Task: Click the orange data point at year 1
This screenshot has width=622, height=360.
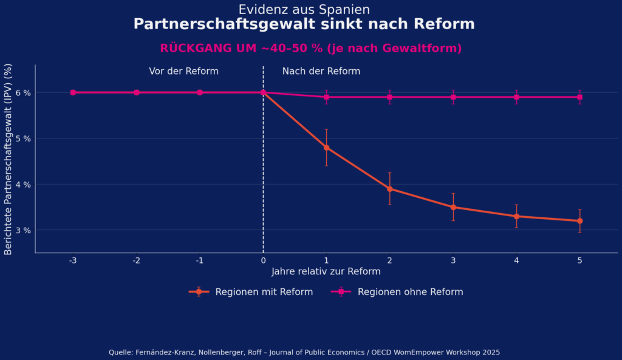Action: tap(326, 148)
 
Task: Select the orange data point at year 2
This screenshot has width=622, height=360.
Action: tap(390, 189)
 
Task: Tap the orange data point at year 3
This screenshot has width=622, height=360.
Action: tap(453, 207)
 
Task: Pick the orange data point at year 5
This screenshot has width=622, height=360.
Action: tap(579, 221)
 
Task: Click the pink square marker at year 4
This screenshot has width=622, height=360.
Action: tap(516, 97)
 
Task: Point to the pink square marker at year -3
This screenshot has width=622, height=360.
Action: tap(73, 92)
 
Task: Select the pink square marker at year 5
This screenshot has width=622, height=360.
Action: tap(579, 97)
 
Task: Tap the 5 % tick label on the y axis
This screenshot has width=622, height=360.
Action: tap(23, 138)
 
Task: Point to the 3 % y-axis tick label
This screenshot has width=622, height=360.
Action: tap(23, 230)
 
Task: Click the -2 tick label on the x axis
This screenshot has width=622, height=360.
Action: tap(136, 260)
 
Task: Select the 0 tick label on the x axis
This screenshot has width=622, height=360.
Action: tap(263, 260)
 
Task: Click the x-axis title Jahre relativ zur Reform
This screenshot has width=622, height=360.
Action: tap(326, 271)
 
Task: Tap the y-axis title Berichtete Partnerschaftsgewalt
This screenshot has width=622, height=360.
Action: tap(9, 159)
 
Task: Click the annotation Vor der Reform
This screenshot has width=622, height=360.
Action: tap(183, 71)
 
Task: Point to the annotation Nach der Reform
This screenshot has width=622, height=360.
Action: tap(321, 71)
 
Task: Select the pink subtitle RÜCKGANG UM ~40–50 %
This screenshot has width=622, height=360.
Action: tap(310, 49)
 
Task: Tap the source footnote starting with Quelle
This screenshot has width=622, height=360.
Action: tap(304, 352)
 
